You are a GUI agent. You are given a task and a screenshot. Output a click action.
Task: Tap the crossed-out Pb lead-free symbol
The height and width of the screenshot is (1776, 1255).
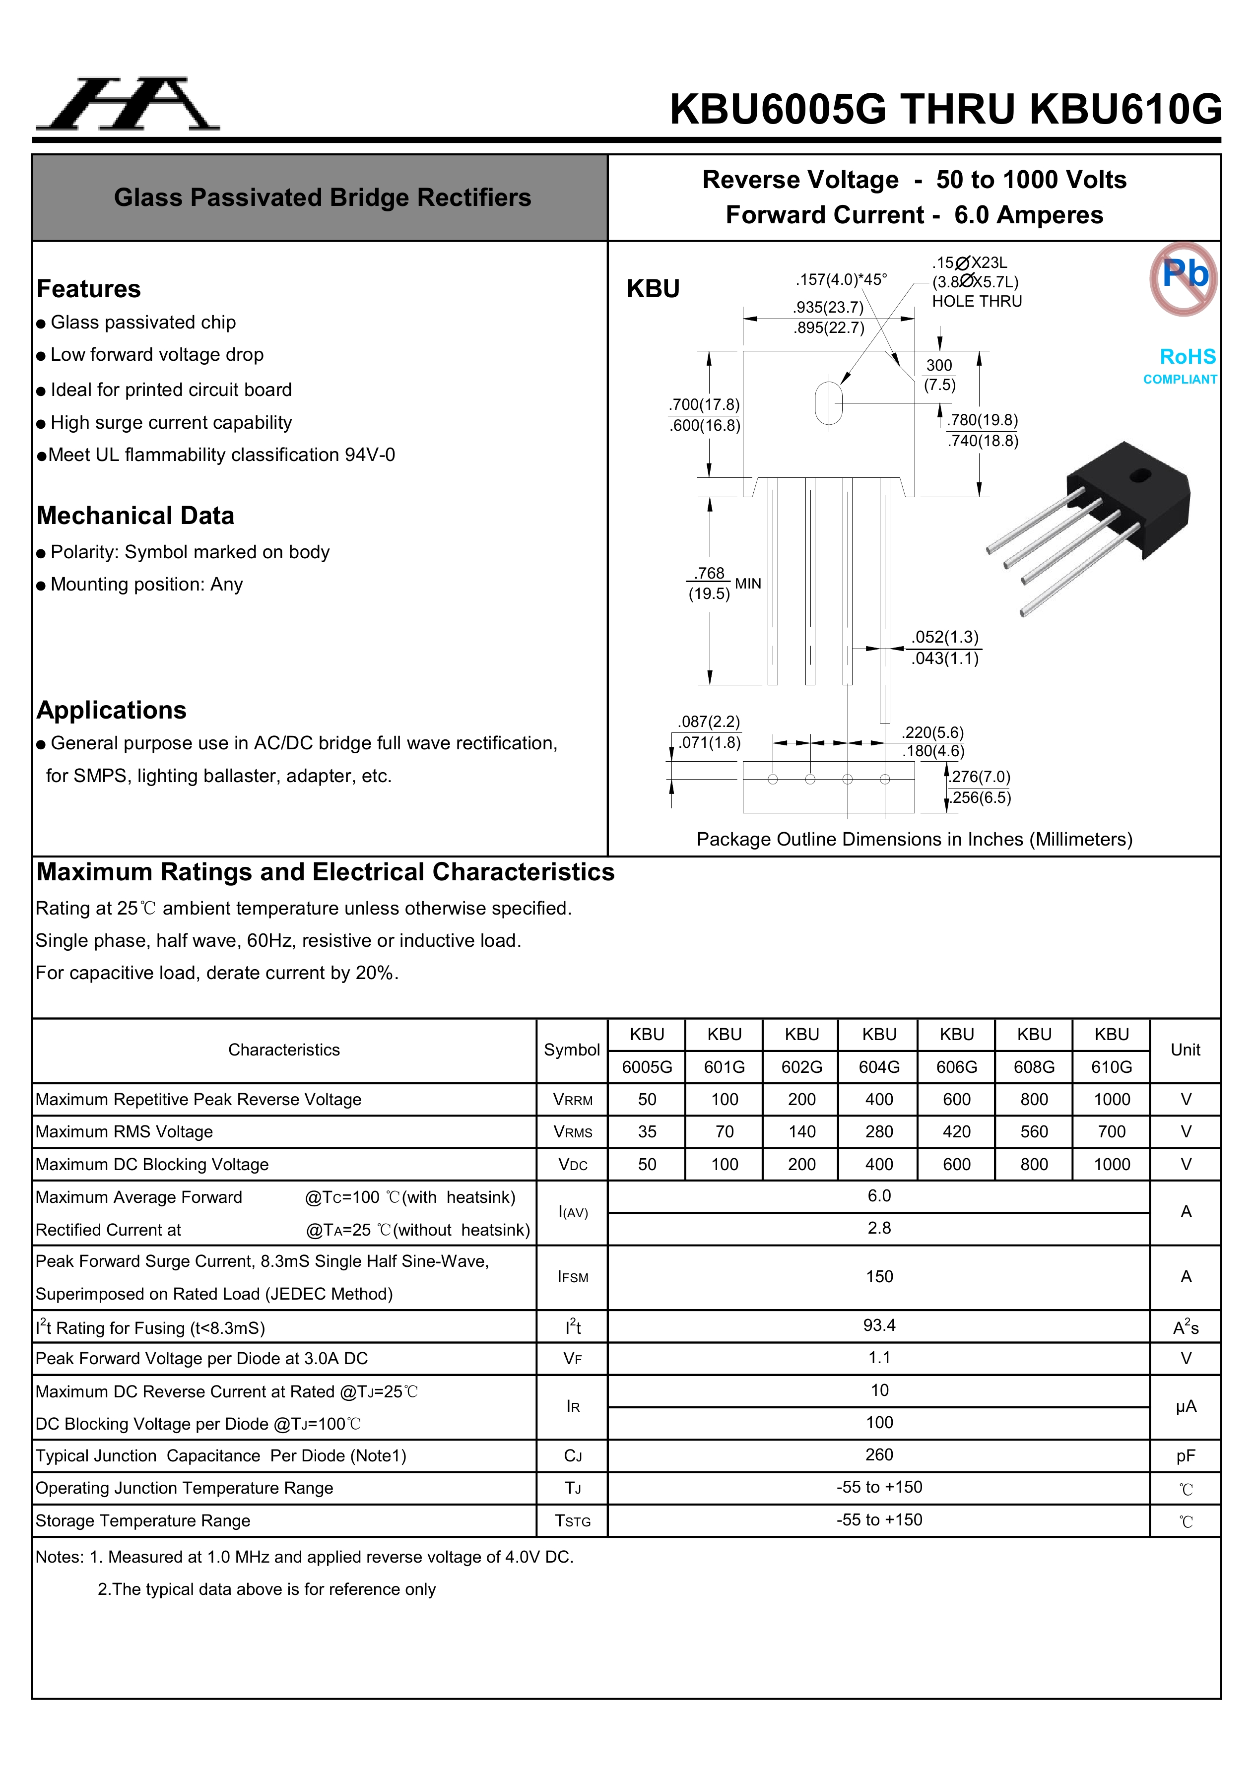1183,278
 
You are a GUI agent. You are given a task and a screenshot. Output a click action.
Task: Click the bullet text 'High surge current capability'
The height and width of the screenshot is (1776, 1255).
171,422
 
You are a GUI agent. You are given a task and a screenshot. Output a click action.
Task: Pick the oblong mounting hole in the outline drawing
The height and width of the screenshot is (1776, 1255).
829,403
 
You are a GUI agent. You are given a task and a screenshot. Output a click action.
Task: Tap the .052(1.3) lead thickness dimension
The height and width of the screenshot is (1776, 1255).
945,637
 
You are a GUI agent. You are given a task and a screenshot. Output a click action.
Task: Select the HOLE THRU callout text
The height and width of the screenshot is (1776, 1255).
977,302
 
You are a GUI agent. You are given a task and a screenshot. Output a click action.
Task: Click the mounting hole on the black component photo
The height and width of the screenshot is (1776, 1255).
1140,475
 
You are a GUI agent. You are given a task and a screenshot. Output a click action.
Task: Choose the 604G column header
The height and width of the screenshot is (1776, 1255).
879,1067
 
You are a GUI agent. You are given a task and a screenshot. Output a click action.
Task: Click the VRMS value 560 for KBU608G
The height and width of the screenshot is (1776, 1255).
1034,1132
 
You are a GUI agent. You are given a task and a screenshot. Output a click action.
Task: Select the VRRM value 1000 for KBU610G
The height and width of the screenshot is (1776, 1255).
1111,1099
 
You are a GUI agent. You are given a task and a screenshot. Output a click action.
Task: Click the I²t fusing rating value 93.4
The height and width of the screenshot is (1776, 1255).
879,1325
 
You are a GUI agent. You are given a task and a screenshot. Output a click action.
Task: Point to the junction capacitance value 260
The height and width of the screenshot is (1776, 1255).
879,1454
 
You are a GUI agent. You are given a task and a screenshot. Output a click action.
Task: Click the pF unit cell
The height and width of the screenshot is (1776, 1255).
1186,1456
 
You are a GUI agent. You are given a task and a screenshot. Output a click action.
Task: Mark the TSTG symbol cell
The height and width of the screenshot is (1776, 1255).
573,1521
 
